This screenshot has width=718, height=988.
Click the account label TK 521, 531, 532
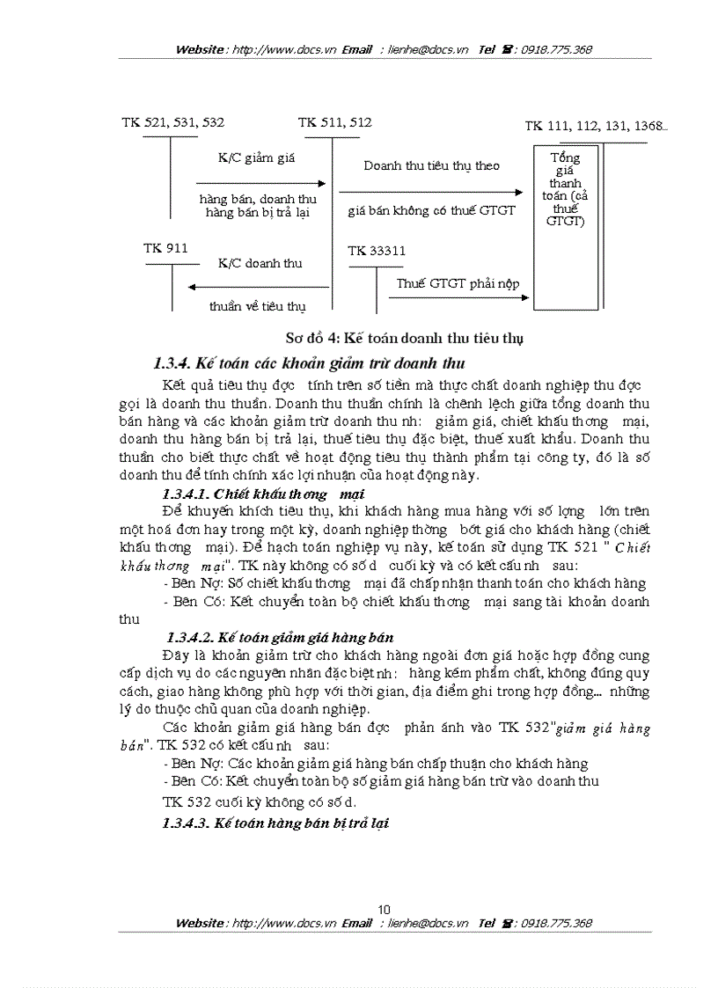click(173, 122)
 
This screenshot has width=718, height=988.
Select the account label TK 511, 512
click(334, 122)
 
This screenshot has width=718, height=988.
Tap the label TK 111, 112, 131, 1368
click(596, 126)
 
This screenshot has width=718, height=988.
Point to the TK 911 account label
click(165, 249)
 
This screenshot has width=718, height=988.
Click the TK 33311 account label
click(377, 251)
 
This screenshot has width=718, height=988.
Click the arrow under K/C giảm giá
click(260, 184)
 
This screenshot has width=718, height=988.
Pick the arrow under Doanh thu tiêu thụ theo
click(431, 190)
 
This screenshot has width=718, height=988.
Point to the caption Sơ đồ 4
click(405, 338)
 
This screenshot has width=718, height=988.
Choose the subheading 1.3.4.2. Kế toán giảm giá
click(280, 637)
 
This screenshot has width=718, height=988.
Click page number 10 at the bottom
click(384, 910)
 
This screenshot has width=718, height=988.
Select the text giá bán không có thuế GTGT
click(431, 211)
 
